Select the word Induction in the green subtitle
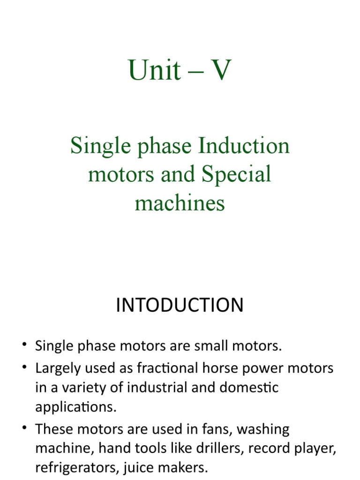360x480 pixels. coord(244,146)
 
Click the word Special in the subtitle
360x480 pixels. coord(237,175)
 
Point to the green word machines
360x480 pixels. coord(180,203)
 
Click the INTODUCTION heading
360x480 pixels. coord(180,305)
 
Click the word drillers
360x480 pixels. coord(220,449)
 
